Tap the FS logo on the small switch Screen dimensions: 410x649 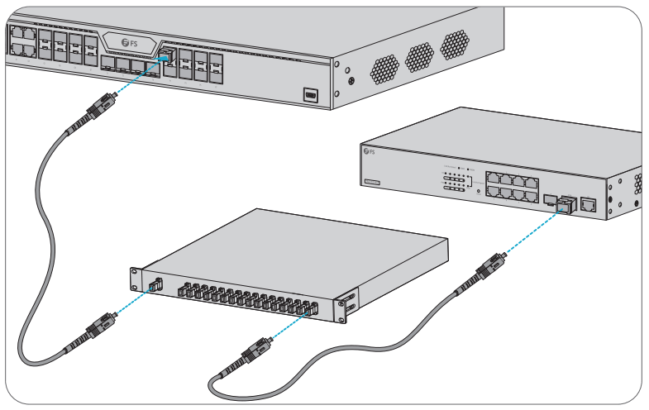(369, 152)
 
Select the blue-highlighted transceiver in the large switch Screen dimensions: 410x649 (166, 57)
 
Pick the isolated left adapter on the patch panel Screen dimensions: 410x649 (155, 284)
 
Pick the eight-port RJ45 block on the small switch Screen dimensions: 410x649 (513, 187)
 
